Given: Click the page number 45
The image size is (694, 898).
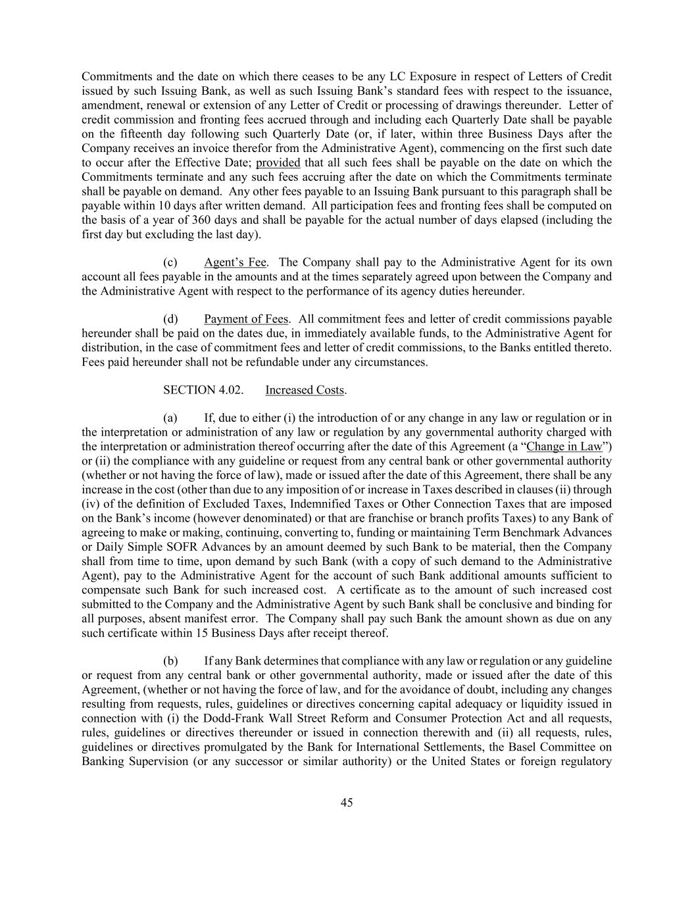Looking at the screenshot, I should tap(347, 803).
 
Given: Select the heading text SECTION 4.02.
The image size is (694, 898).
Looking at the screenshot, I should tap(203, 390).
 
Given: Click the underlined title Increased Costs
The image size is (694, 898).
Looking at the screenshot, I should tap(305, 390).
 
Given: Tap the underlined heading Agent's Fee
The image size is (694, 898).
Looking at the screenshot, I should tap(235, 262).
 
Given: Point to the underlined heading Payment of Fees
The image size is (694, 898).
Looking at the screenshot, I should tap(246, 319).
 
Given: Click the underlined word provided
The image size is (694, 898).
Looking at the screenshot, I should tap(278, 162).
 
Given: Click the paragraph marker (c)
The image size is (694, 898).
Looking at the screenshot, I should tap(170, 262).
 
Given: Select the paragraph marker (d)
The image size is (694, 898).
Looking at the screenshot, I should tap(170, 319).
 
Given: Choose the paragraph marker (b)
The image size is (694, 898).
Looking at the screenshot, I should tap(170, 661).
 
